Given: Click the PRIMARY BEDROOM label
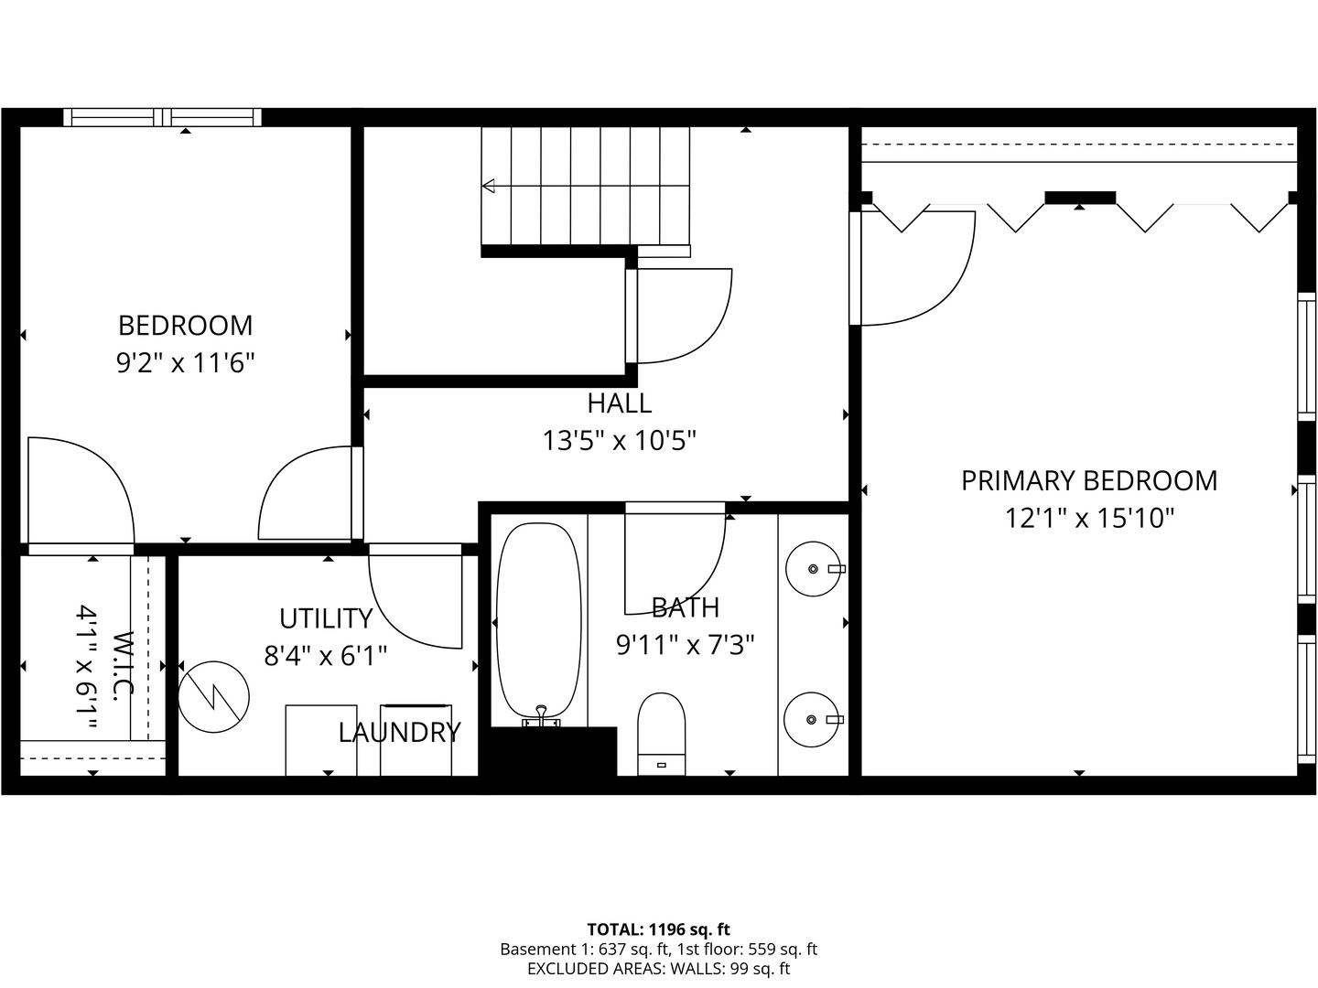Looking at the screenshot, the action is coord(1089,480).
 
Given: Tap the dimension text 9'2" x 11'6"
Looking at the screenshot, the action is coord(186,363).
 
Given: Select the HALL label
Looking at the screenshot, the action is coord(619,403).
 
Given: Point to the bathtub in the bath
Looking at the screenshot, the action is coord(539,621).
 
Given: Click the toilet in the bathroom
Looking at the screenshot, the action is coord(661,734).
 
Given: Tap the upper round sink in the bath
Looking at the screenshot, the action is coord(813,569).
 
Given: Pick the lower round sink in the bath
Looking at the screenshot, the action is coord(811,719).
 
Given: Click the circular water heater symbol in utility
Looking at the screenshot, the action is coord(214,697).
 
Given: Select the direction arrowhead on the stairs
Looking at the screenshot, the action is coord(488,186).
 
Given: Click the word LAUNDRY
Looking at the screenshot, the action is coord(399,733).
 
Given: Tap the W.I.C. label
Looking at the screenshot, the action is coord(123,666).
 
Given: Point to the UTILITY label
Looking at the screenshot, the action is coord(326,618).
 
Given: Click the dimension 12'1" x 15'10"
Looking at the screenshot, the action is coord(1089,519).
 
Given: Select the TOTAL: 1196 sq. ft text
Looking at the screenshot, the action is coord(658,929).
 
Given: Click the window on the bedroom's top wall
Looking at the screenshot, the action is coord(163,118).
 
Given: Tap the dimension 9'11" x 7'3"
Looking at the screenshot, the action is coord(686,646).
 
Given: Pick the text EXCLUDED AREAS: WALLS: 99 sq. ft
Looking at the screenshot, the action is coord(659,969).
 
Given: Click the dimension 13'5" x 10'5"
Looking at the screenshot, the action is coord(619,441).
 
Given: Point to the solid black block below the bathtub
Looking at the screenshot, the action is coord(554,752).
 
